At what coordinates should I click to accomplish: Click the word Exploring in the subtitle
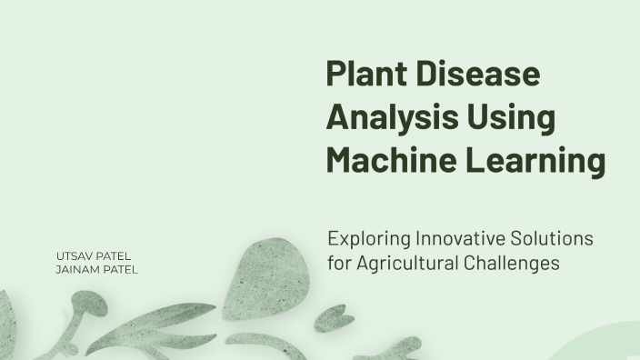[x=368, y=239]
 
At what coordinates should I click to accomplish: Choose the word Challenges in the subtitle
[x=516, y=265]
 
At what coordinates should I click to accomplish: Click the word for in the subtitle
[x=340, y=265]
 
